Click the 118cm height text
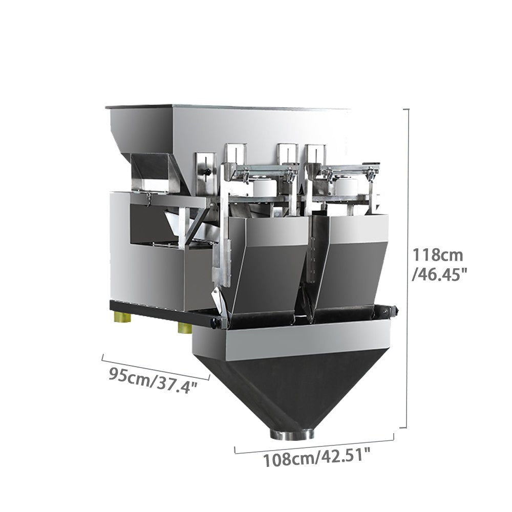click(438, 255)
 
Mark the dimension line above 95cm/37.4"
click(156, 368)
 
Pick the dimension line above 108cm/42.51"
click(314, 444)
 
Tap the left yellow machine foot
click(123, 316)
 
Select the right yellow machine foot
click(185, 328)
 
